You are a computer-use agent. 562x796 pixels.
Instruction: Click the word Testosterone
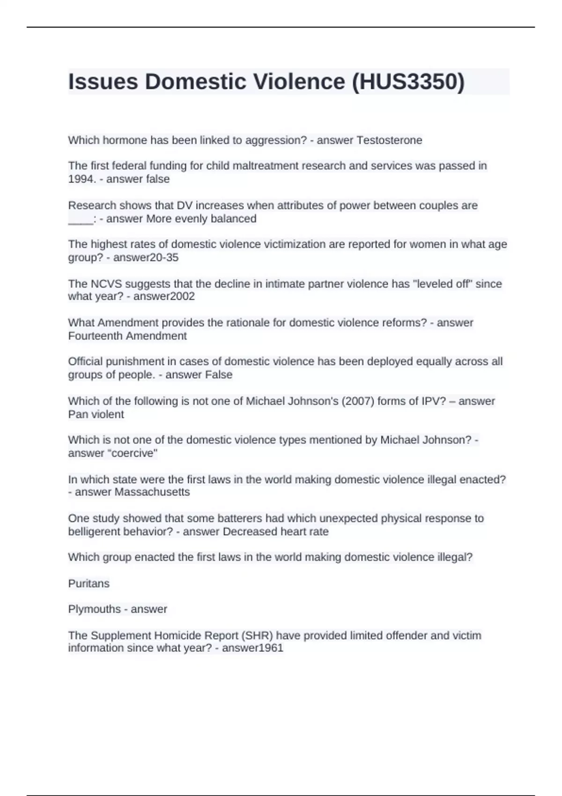tap(389, 140)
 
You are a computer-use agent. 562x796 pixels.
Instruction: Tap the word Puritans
tap(89, 583)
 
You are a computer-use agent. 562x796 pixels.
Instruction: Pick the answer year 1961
tap(268, 648)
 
